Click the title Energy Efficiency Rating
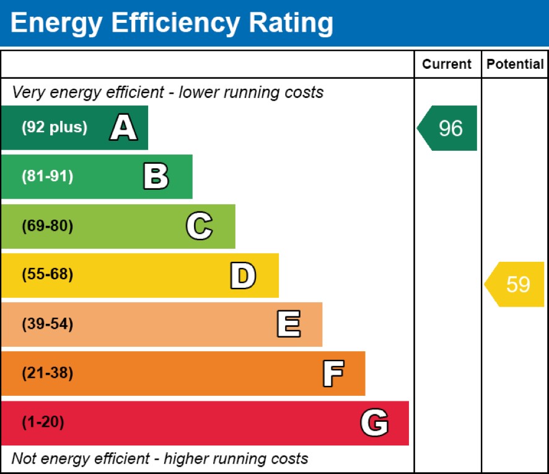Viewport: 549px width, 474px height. pyautogui.click(x=172, y=23)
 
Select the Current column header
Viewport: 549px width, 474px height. pyautogui.click(x=447, y=64)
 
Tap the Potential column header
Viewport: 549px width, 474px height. pyautogui.click(x=515, y=64)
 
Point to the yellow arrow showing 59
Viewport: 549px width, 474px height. pyautogui.click(x=516, y=284)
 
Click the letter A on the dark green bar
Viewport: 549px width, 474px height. pyautogui.click(x=123, y=128)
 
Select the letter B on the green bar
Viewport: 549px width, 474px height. pyautogui.click(x=156, y=177)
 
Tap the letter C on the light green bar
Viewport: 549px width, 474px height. pyautogui.click(x=199, y=226)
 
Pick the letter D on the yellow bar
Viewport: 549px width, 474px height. pyautogui.click(x=242, y=275)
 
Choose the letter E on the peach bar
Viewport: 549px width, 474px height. pyautogui.click(x=288, y=324)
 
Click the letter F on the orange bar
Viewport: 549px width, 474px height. pyautogui.click(x=333, y=373)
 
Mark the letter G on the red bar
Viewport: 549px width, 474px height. pyautogui.click(x=374, y=423)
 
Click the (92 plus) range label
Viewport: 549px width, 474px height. pyautogui.click(x=55, y=128)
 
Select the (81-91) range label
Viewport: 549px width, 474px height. pyautogui.click(x=47, y=177)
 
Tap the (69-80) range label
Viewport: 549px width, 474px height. pyautogui.click(x=47, y=226)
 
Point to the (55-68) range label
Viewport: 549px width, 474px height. pyautogui.click(x=47, y=275)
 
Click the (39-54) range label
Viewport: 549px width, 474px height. pyautogui.click(x=47, y=324)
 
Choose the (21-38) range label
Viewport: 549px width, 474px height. pyautogui.click(x=47, y=373)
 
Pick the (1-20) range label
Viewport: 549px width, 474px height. pyautogui.click(x=43, y=423)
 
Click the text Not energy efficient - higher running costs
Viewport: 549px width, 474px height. pyautogui.click(x=160, y=459)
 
